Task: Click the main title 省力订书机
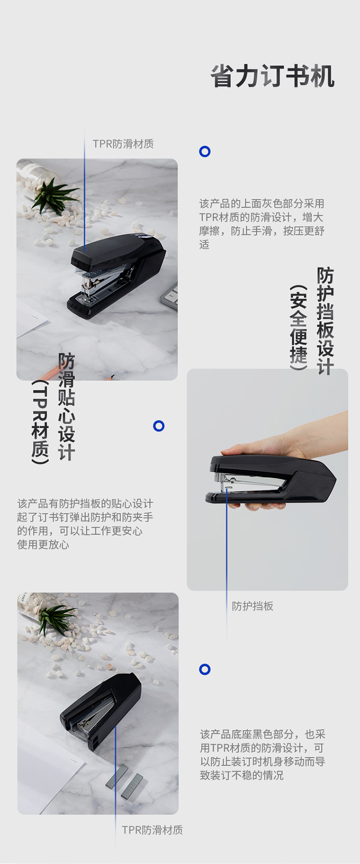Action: pyautogui.click(x=273, y=76)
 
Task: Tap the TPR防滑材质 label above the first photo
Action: pyautogui.click(x=123, y=144)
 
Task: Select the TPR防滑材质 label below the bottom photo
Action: pyautogui.click(x=152, y=830)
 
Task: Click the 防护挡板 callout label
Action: pyautogui.click(x=252, y=606)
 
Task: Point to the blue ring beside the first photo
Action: pyautogui.click(x=205, y=152)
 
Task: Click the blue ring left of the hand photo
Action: pyautogui.click(x=159, y=426)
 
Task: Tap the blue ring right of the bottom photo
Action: pyautogui.click(x=205, y=669)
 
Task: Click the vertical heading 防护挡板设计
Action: pyautogui.click(x=325, y=320)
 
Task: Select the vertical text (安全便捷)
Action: pyautogui.click(x=298, y=328)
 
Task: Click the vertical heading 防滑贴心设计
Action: pyautogui.click(x=67, y=407)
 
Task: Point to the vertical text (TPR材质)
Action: pyautogui.click(x=40, y=422)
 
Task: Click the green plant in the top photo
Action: pyautogui.click(x=54, y=195)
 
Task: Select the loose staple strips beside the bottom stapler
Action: pyautogui.click(x=125, y=781)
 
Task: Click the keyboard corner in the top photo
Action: pyautogui.click(x=169, y=295)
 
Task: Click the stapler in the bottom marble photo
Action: pyautogui.click(x=101, y=710)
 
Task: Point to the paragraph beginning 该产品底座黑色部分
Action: pyautogui.click(x=263, y=754)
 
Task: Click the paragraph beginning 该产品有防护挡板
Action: pyautogui.click(x=85, y=524)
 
